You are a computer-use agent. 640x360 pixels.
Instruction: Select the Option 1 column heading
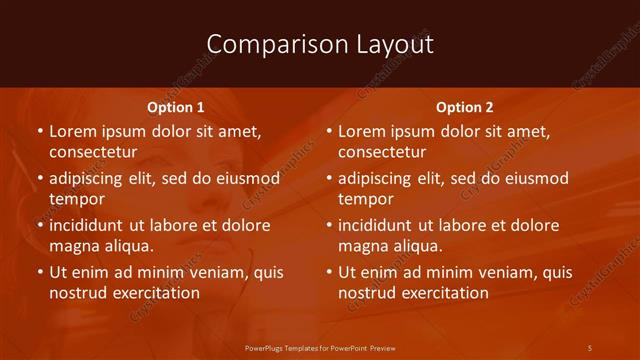coord(176,107)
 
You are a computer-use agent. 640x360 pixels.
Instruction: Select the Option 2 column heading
coord(465,107)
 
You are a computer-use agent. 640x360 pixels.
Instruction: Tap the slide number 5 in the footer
coord(590,347)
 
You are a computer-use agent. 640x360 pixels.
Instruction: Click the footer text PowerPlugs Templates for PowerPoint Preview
coord(319,347)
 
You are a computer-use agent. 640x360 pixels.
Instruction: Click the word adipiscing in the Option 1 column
coord(88,179)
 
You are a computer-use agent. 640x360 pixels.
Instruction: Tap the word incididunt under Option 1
coord(91,225)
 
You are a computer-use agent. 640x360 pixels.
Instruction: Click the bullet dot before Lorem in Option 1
coord(40,132)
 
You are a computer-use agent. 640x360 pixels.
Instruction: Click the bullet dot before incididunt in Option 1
coord(40,226)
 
